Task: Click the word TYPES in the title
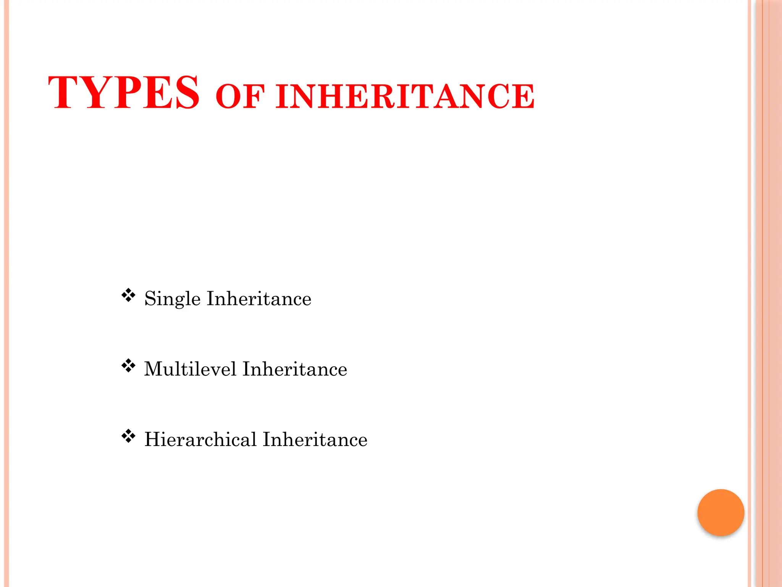(x=123, y=92)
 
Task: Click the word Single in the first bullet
(x=172, y=299)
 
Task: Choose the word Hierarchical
(x=200, y=439)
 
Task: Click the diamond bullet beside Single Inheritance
(x=128, y=295)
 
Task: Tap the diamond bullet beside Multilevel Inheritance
(x=128, y=366)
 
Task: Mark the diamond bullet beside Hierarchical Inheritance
(x=128, y=436)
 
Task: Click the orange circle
(x=721, y=512)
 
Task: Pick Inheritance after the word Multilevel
(x=295, y=369)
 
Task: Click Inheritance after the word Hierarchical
(x=315, y=439)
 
